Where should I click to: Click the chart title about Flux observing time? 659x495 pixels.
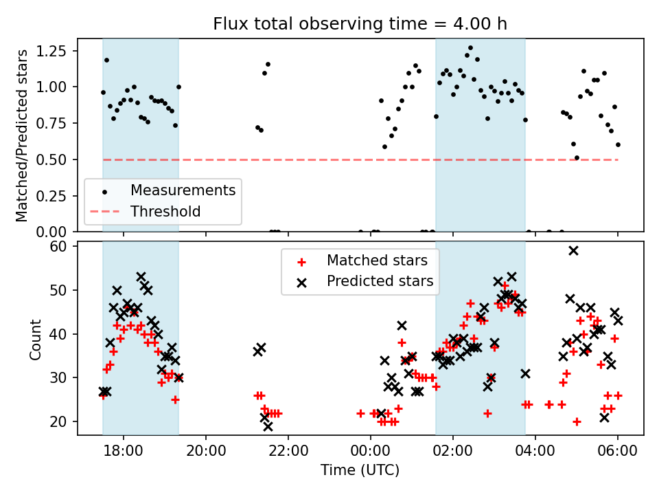(360, 24)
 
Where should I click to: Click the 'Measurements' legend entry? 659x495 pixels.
(183, 190)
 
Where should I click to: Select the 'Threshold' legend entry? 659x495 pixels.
(165, 211)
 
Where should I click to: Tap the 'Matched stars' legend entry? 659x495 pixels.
(377, 261)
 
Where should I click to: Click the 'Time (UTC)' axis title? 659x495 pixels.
(360, 471)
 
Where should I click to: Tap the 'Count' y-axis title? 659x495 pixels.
(35, 338)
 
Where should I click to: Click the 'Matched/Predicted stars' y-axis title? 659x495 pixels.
(22, 135)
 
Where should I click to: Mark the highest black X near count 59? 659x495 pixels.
(573, 250)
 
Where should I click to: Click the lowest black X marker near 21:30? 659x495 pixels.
(268, 426)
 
